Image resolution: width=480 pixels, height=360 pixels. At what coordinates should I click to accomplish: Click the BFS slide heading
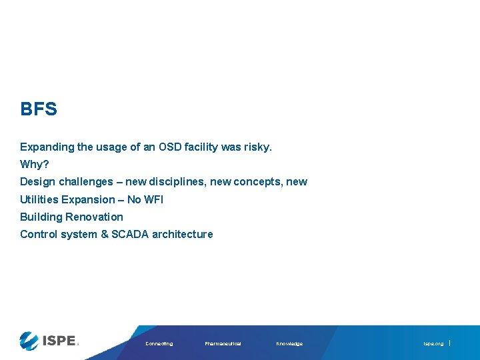(39, 109)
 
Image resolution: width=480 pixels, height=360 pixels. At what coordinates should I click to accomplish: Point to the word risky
(257, 147)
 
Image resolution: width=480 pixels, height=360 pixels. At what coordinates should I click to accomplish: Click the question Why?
(35, 164)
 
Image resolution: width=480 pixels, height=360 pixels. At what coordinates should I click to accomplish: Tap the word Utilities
(39, 199)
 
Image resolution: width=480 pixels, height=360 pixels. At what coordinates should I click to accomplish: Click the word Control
(39, 234)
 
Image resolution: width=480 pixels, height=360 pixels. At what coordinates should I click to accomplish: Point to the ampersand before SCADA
(104, 234)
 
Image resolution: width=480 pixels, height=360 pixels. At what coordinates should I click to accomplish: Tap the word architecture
(183, 234)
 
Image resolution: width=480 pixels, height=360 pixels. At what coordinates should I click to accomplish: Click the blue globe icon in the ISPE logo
(29, 341)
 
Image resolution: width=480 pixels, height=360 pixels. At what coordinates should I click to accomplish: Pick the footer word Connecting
(159, 343)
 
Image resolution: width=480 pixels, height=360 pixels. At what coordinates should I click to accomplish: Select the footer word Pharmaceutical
(223, 343)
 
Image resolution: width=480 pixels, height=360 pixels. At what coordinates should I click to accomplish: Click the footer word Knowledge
(289, 343)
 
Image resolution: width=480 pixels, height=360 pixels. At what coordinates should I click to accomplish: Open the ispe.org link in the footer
(433, 343)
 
